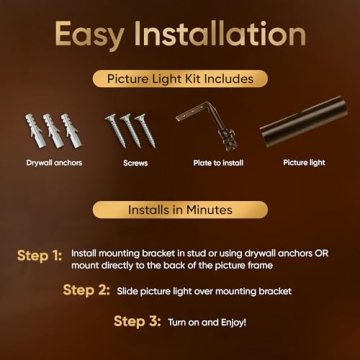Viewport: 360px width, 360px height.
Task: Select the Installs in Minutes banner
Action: [x=180, y=210]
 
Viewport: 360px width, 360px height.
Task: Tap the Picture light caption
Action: [x=303, y=161]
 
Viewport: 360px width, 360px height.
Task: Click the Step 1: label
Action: [x=39, y=256]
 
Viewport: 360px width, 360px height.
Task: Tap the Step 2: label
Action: [x=86, y=290]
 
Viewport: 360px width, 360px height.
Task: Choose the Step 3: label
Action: [x=136, y=322]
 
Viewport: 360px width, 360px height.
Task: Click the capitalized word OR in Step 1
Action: [x=320, y=253]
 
